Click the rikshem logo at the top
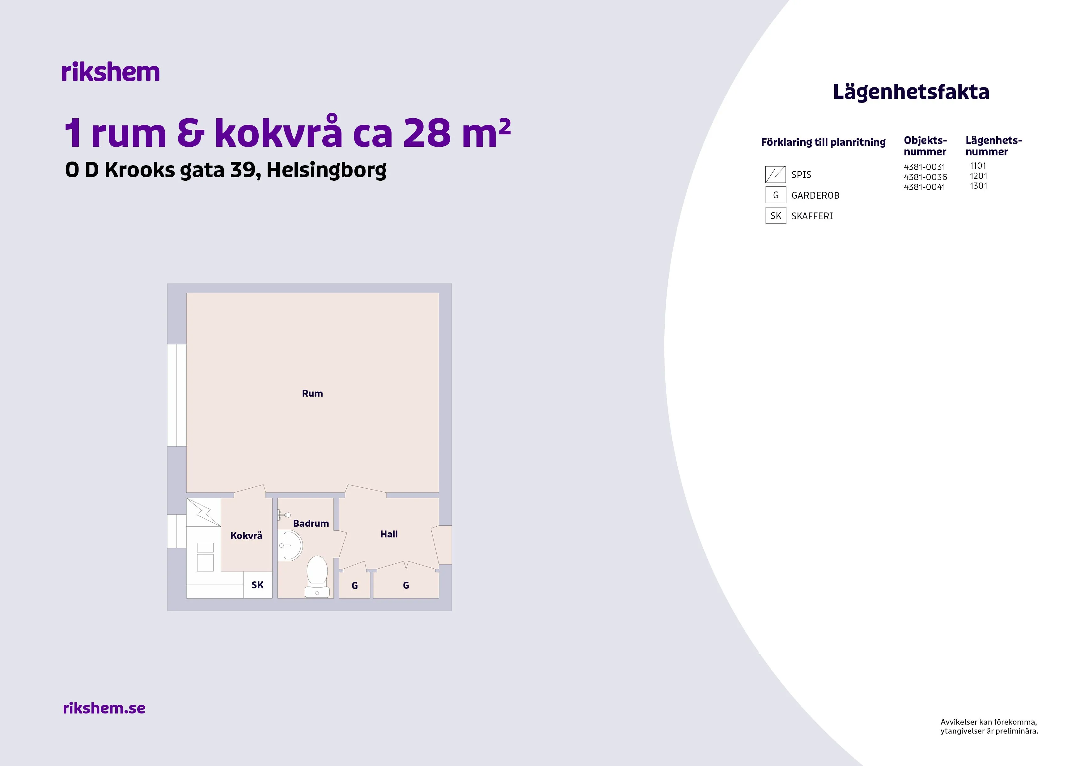coord(111,72)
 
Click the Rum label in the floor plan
coord(312,394)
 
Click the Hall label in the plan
coord(389,534)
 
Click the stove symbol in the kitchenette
coord(204,512)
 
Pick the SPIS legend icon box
coord(775,175)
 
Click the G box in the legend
coord(775,195)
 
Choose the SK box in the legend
coord(775,216)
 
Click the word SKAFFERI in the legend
coord(812,216)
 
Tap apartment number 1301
coord(978,186)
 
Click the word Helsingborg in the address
coord(326,170)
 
